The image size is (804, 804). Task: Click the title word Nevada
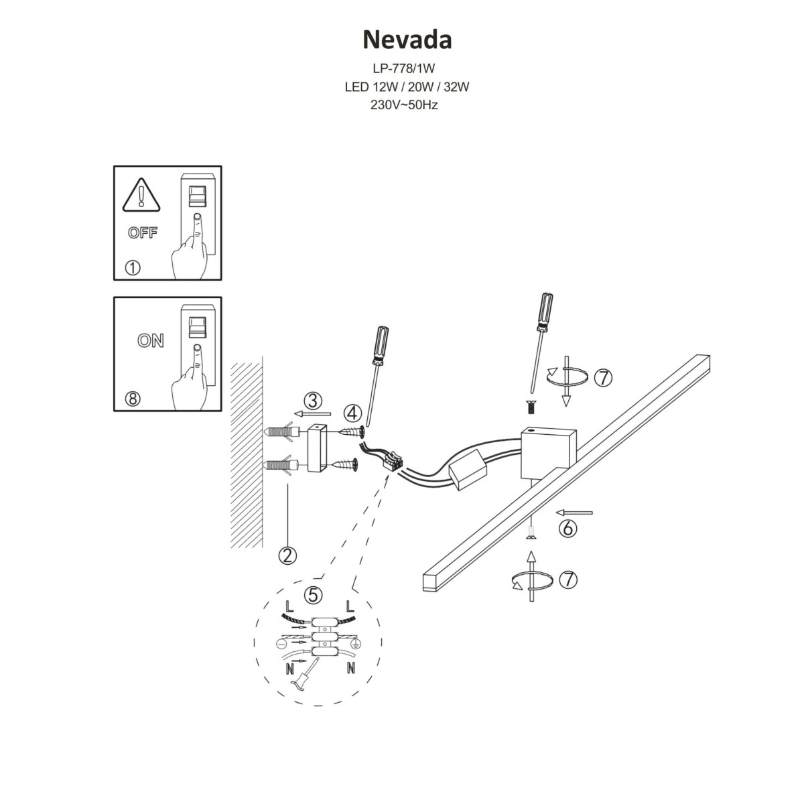pyautogui.click(x=407, y=40)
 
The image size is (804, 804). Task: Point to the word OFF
pyautogui.click(x=142, y=233)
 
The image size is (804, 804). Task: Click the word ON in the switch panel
pyautogui.click(x=151, y=340)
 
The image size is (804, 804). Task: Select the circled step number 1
pyautogui.click(x=133, y=268)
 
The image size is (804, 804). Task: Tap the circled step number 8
pyautogui.click(x=133, y=399)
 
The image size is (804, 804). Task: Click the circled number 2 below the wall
pyautogui.click(x=288, y=555)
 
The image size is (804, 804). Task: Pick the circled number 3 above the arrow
pyautogui.click(x=312, y=401)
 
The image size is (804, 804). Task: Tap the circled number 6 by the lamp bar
pyautogui.click(x=567, y=529)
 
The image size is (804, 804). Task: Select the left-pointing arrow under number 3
pyautogui.click(x=308, y=413)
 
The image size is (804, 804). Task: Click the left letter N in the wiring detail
pyautogui.click(x=289, y=668)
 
